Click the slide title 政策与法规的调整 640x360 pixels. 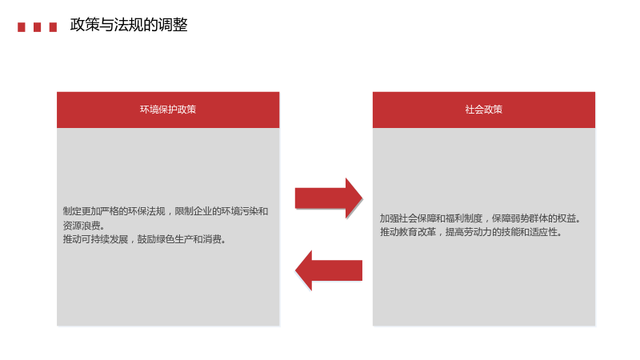click(x=129, y=25)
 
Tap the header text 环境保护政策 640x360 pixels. click(x=168, y=110)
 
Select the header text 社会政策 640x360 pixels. click(x=484, y=110)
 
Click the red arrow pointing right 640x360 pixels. click(x=329, y=198)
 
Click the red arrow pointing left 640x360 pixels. click(x=329, y=270)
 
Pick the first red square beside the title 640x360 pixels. click(x=22, y=27)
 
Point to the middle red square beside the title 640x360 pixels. click(x=37, y=27)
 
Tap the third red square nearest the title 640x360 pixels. click(x=53, y=27)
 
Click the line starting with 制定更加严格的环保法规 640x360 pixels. click(x=166, y=211)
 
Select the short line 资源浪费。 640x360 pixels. click(x=84, y=226)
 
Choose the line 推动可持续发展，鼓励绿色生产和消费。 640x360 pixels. click(x=145, y=239)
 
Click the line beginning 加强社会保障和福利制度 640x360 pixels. click(x=481, y=218)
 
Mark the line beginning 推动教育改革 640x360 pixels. click(x=471, y=232)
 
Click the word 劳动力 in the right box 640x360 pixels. click(x=478, y=232)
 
